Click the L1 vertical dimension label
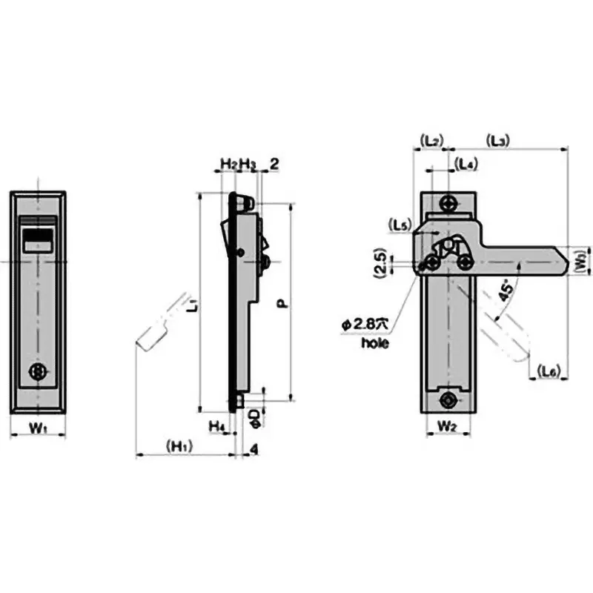coord(191,304)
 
